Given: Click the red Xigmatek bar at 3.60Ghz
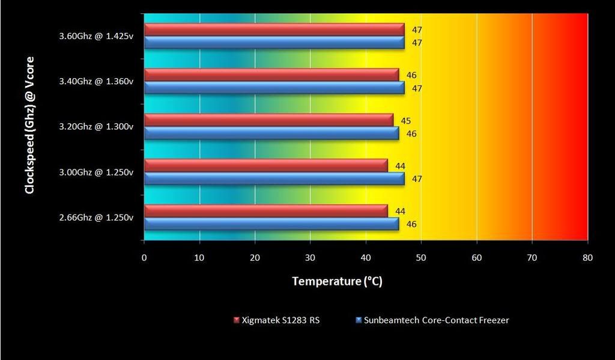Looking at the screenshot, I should pyautogui.click(x=274, y=29).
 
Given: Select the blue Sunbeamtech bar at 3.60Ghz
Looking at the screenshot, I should pyautogui.click(x=274, y=43).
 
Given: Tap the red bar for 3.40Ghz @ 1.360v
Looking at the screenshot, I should pyautogui.click(x=271, y=75).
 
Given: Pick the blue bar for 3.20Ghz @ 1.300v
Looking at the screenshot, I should pyautogui.click(x=271, y=133).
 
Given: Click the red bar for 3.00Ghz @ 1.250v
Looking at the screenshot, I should pyautogui.click(x=265, y=165).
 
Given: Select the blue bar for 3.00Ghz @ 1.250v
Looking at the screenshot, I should pyautogui.click(x=274, y=178).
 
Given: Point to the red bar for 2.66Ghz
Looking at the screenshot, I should pyautogui.click(x=265, y=211).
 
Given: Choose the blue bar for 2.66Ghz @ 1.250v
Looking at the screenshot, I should pyautogui.click(x=271, y=224).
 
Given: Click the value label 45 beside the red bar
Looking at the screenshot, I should pyautogui.click(x=406, y=121).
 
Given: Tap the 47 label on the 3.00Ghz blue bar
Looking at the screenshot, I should pyautogui.click(x=417, y=179).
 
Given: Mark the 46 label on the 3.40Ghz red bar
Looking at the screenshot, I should pyautogui.click(x=411, y=76).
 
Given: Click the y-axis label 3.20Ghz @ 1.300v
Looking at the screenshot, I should pyautogui.click(x=96, y=127).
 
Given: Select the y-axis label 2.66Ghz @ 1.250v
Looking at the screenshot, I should pyautogui.click(x=96, y=218).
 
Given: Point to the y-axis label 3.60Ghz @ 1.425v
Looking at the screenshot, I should pyautogui.click(x=96, y=36).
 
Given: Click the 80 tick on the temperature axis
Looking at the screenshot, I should pyautogui.click(x=587, y=257).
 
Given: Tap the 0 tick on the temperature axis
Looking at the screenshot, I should pyautogui.click(x=144, y=257).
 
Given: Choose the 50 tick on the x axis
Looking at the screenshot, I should pyautogui.click(x=421, y=257).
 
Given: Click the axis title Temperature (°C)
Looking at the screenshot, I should pyautogui.click(x=337, y=281).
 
